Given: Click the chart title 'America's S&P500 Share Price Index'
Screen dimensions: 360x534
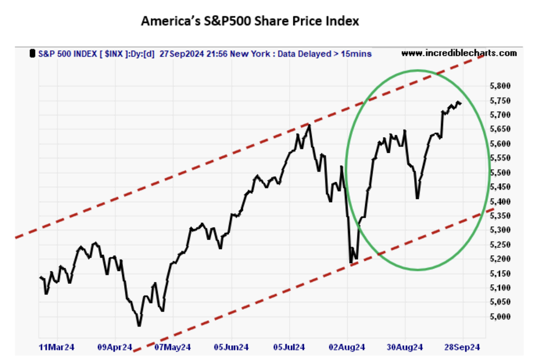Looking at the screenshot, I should click(249, 21).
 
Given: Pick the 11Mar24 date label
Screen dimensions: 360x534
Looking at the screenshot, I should click(56, 347).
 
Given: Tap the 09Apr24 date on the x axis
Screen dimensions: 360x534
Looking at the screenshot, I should click(114, 347).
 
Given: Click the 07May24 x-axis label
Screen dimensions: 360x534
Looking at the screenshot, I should click(172, 347).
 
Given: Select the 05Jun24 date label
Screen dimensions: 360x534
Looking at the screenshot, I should click(231, 347).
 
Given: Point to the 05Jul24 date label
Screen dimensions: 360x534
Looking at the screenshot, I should click(289, 347).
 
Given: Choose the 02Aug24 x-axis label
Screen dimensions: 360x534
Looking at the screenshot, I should click(347, 347).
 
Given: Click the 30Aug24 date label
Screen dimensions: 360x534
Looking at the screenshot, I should click(405, 347).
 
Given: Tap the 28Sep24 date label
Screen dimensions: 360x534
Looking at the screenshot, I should click(463, 347).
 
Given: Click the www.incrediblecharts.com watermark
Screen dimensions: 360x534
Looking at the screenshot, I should click(459, 53).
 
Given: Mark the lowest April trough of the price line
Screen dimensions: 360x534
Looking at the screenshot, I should click(139, 326).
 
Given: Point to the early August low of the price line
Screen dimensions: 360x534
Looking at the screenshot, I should click(351, 263).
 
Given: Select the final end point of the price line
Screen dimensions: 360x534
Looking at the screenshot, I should click(461, 104).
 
